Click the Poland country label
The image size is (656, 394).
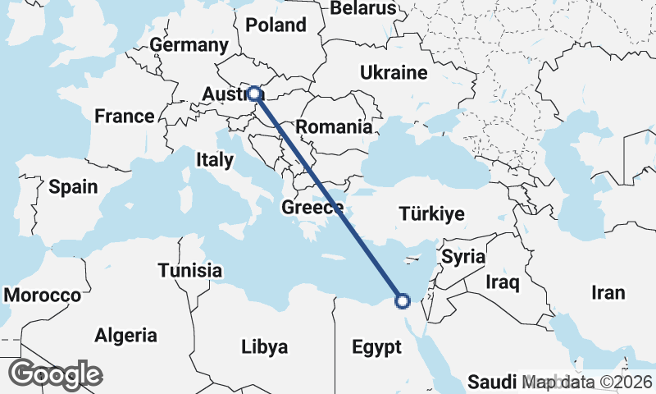coord(276,25)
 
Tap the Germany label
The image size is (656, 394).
coord(189,45)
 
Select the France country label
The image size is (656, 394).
coord(124,116)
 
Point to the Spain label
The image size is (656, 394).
coord(73,186)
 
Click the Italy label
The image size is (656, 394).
coord(214,159)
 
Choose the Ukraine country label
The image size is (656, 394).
coord(394,73)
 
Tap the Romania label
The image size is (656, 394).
coord(334,127)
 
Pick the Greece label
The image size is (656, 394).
coord(312,208)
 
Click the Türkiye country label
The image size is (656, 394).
coord(431,215)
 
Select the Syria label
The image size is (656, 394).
coord(463,256)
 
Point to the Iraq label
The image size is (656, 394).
coord(503,283)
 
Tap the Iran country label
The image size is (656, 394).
coord(608,292)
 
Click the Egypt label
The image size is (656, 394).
coord(376,346)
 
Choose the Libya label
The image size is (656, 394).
coord(265,347)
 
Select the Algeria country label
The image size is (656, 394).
coord(125,335)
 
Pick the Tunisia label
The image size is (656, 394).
coord(190,270)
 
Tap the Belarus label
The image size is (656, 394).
coord(363,8)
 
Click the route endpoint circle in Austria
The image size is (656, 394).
coord(255,94)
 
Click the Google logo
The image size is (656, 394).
coord(56,374)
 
